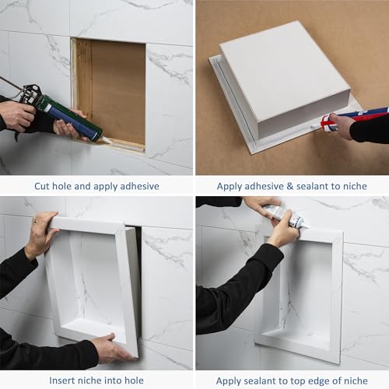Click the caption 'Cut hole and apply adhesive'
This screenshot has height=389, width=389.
click(96, 186)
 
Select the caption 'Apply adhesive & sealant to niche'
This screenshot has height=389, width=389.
click(292, 186)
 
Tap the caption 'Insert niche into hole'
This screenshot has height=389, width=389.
click(96, 380)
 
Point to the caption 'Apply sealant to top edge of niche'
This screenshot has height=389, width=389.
click(292, 380)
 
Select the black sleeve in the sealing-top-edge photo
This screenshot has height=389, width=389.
click(233, 288)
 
